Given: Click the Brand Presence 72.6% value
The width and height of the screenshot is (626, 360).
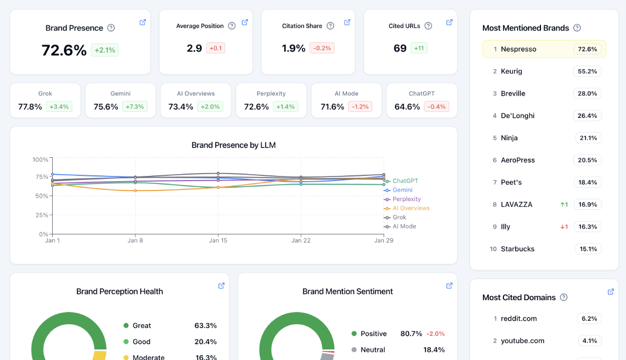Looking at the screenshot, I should pyautogui.click(x=64, y=50).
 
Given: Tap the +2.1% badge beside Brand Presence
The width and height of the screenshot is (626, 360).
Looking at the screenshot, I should pyautogui.click(x=105, y=50).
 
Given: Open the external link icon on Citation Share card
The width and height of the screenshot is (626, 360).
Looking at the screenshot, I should pyautogui.click(x=347, y=22).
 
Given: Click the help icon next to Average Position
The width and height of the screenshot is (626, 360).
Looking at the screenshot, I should pyautogui.click(x=232, y=26).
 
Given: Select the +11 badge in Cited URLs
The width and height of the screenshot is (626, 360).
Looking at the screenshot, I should pyautogui.click(x=419, y=48).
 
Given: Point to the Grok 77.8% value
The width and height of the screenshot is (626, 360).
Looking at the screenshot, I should pyautogui.click(x=30, y=107).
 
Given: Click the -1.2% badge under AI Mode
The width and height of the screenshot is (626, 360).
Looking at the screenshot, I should pyautogui.click(x=360, y=107).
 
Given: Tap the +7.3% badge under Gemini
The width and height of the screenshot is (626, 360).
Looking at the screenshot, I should pyautogui.click(x=135, y=107).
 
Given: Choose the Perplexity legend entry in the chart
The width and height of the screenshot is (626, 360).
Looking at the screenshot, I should pyautogui.click(x=406, y=199).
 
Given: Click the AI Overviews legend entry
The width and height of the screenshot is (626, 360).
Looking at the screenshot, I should pyautogui.click(x=410, y=208).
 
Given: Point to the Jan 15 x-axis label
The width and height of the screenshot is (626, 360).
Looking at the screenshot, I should pyautogui.click(x=218, y=240).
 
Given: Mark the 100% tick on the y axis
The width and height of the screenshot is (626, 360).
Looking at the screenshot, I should pyautogui.click(x=40, y=159).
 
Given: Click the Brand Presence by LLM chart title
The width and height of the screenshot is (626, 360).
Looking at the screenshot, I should pyautogui.click(x=233, y=145).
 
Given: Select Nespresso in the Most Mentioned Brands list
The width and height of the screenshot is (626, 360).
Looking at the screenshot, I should pyautogui.click(x=518, y=49).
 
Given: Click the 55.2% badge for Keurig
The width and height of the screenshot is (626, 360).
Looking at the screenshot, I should pyautogui.click(x=587, y=72).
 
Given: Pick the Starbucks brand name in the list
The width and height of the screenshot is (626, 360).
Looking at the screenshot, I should pyautogui.click(x=518, y=249).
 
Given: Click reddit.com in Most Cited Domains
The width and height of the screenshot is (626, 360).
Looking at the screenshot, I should pyautogui.click(x=519, y=318).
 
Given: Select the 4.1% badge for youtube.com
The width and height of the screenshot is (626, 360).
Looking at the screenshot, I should pyautogui.click(x=590, y=341).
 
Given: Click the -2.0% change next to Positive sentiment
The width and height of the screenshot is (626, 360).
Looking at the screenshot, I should pyautogui.click(x=435, y=334).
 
